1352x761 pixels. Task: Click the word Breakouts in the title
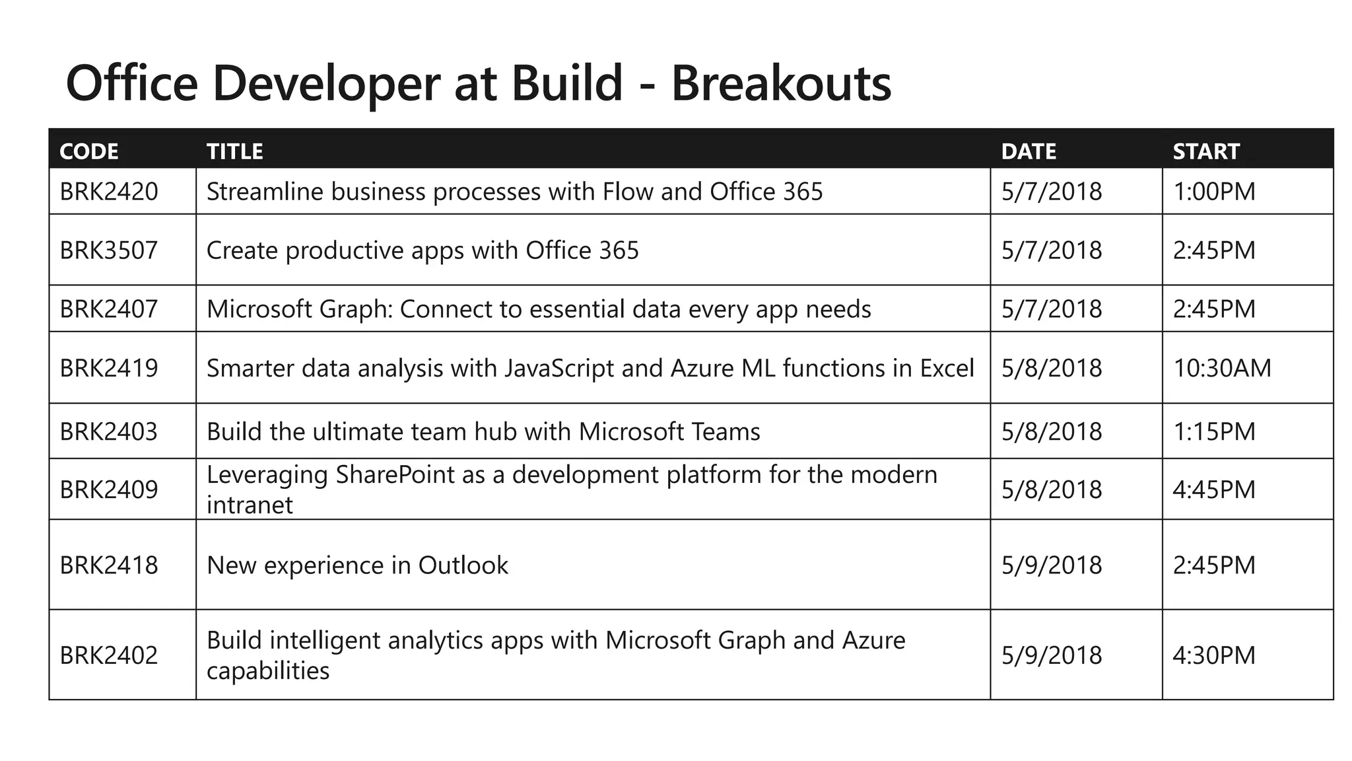[x=781, y=83]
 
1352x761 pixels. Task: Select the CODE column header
[x=89, y=151]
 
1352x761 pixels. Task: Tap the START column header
[x=1206, y=151]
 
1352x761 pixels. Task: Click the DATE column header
[x=1029, y=151]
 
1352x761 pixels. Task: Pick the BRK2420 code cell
[x=109, y=192]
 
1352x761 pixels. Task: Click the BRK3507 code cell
[x=109, y=250]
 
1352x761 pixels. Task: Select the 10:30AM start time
[x=1222, y=368]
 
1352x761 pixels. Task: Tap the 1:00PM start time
[x=1214, y=192]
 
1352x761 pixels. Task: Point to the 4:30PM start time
[x=1214, y=655]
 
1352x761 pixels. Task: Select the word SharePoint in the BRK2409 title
[x=395, y=475]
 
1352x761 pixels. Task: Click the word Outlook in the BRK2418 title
[x=463, y=565]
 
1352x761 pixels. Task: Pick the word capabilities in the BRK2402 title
[x=268, y=671]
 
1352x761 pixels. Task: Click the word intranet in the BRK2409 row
[x=250, y=505]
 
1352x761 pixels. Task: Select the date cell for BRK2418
[x=1052, y=565]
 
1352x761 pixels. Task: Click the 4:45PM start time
[x=1214, y=489]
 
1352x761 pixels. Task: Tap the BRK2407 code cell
[x=109, y=309]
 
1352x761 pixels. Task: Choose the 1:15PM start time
[x=1214, y=432]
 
